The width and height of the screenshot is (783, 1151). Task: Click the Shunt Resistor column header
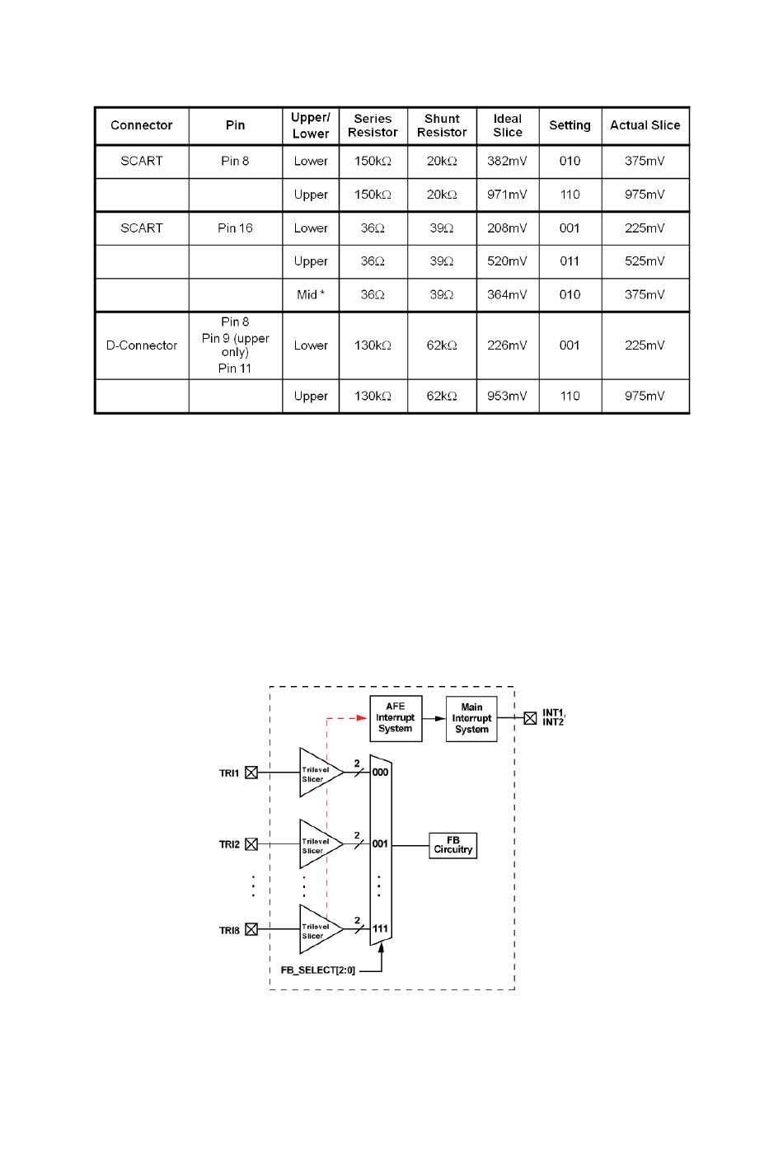[442, 125]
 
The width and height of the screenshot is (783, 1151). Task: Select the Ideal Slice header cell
[508, 125]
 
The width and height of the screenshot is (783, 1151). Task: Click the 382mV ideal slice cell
[507, 161]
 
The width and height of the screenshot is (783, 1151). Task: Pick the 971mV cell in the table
[507, 195]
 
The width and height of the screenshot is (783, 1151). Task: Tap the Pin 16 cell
[235, 228]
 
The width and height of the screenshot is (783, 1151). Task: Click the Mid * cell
[311, 294]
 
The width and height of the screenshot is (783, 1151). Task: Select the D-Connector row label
[142, 345]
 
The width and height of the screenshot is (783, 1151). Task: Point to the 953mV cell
[507, 396]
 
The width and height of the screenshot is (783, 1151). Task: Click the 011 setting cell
[570, 261]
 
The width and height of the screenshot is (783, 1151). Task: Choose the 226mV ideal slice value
[507, 345]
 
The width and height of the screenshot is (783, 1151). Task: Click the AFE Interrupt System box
[396, 718]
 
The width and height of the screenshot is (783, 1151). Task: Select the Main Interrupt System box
[471, 718]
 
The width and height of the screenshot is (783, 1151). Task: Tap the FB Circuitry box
[453, 845]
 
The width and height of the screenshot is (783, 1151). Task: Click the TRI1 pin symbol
[251, 773]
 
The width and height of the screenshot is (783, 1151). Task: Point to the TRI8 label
[229, 930]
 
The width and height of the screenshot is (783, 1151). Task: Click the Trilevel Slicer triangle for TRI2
[317, 844]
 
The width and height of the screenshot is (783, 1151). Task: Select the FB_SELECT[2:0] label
[317, 970]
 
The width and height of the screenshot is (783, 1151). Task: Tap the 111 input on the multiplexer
[380, 928]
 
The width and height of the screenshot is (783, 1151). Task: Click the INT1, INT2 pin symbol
[530, 718]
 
